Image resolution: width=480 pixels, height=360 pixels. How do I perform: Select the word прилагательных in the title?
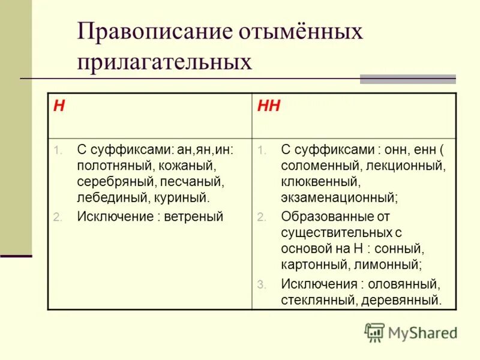point(164,62)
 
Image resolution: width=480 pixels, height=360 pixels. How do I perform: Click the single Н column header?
point(59,107)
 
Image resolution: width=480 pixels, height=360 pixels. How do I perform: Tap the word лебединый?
point(106,196)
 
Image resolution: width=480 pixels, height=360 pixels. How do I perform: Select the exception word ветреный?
point(194,217)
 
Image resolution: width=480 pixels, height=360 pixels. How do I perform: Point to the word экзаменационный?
point(340,196)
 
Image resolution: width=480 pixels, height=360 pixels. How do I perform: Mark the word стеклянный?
point(317,300)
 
